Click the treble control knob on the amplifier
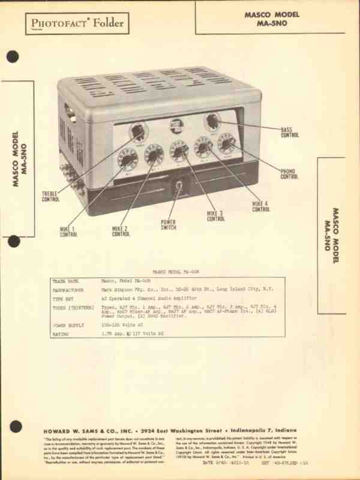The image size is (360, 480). coord(138,131)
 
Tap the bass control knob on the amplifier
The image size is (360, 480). coord(212,122)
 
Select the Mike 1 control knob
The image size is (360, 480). coord(128,158)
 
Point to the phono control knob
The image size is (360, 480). coord(227,143)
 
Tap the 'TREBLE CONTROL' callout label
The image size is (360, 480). coord(50,196)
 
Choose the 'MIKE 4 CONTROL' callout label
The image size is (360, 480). coord(260,207)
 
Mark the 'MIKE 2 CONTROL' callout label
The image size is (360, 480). coord(120,232)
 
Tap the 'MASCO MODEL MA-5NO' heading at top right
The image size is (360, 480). coord(271,18)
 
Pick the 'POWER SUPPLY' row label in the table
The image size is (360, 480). coord(69,325)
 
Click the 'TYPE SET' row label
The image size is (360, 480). coord(63,298)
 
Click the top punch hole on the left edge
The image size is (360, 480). coord(13,57)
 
